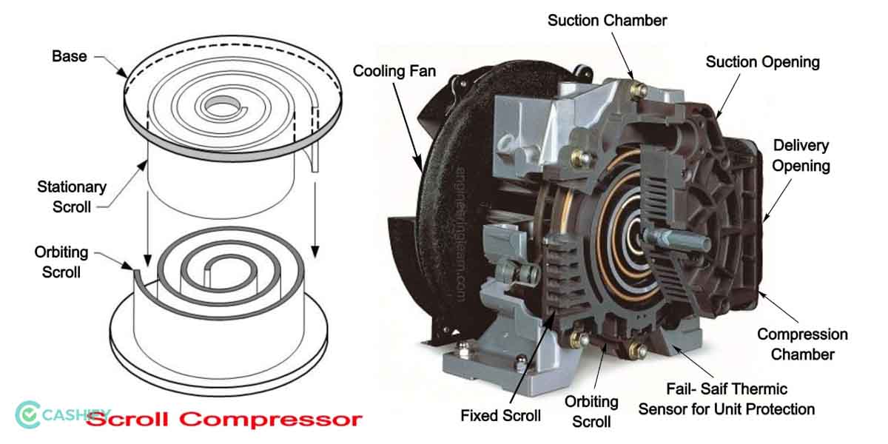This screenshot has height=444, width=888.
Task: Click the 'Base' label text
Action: [x=69, y=56]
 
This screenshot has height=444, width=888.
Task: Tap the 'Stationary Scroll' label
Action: [x=72, y=197]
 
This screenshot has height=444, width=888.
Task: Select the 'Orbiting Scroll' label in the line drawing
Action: [x=61, y=262]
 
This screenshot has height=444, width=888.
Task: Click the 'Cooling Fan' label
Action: [x=394, y=72]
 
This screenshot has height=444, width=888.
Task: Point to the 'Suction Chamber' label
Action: [x=607, y=20]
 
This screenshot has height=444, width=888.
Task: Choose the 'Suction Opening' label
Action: [x=762, y=61]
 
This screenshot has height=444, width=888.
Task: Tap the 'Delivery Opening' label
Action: [x=801, y=155]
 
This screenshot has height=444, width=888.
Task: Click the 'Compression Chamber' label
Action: [x=802, y=344]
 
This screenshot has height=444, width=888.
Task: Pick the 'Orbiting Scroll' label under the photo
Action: [x=591, y=411]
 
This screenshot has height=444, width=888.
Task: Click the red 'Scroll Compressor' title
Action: [x=224, y=420]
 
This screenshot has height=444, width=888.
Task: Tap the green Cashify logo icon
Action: [x=28, y=415]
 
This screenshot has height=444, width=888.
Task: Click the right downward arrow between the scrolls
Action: [x=317, y=215]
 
